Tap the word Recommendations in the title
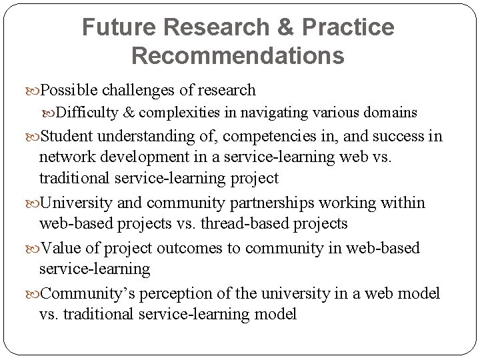point(238,55)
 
